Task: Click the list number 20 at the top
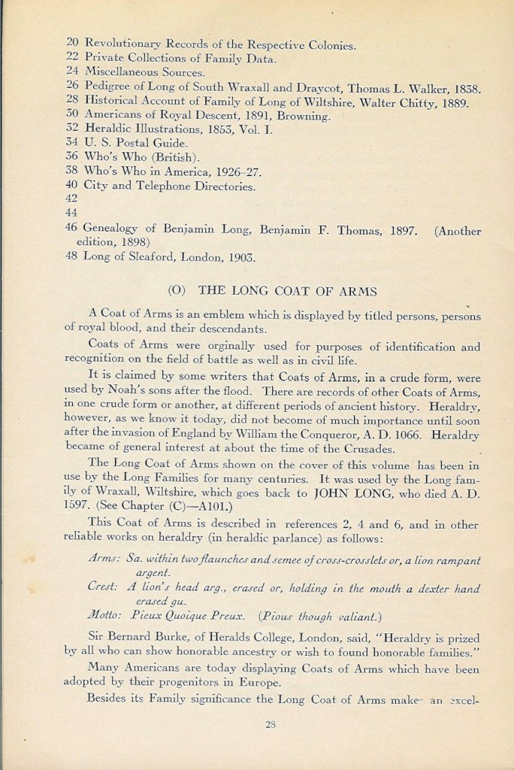72,44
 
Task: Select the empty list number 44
72,213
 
